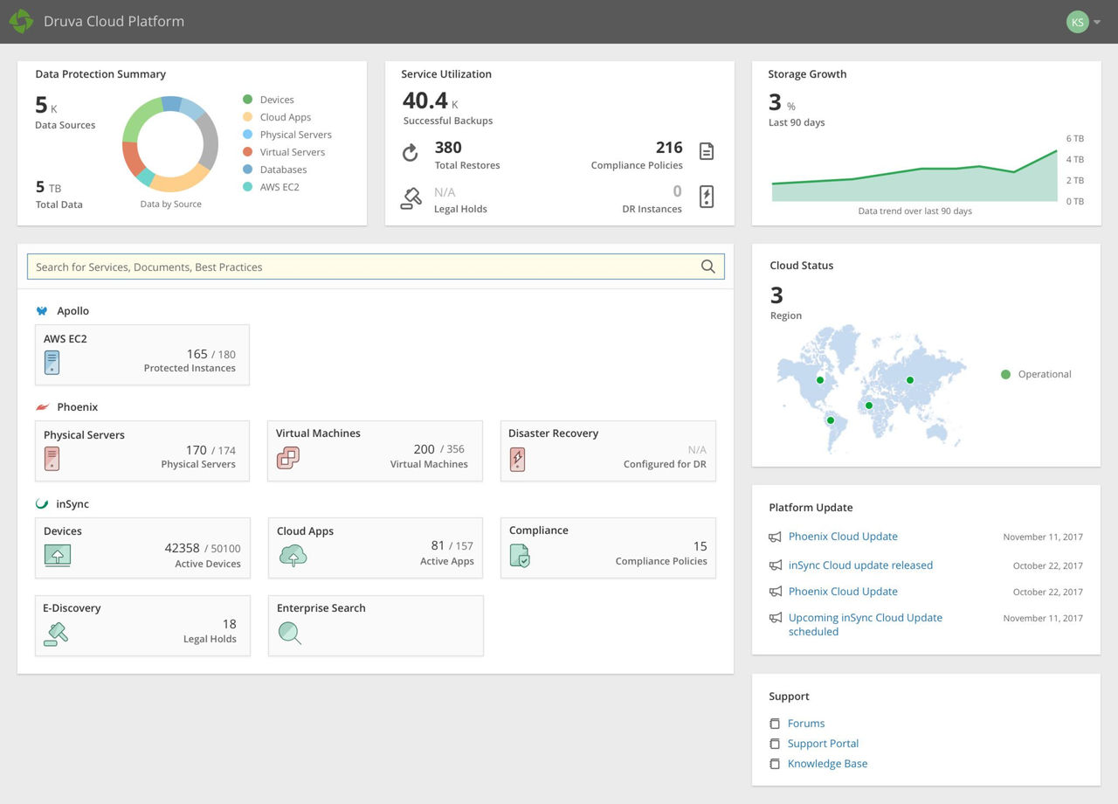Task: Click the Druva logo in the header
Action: point(21,22)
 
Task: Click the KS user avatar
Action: point(1078,22)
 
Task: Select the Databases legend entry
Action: point(283,170)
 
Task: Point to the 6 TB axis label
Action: point(1074,139)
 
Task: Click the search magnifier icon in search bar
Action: point(707,267)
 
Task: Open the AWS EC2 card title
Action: point(66,339)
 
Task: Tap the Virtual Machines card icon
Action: point(288,457)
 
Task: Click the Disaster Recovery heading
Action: point(553,433)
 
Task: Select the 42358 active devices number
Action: point(182,548)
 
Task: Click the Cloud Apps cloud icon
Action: point(293,555)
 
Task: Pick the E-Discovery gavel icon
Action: point(56,633)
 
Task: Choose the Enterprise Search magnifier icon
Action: point(289,633)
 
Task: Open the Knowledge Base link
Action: point(827,764)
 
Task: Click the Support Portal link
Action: point(823,744)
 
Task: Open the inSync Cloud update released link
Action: point(860,565)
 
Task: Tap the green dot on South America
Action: point(831,420)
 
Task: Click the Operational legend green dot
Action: point(1005,374)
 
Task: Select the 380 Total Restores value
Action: point(448,148)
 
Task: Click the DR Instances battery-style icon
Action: point(707,197)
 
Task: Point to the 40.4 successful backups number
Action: point(425,101)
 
